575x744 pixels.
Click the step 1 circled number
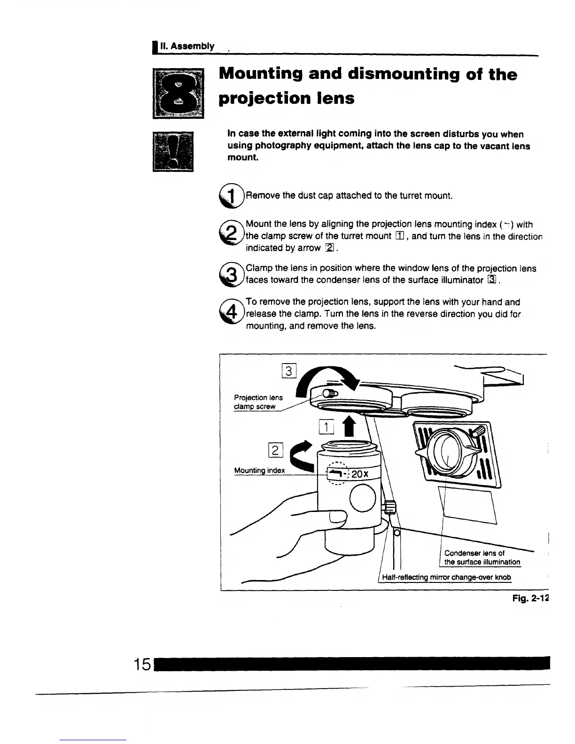229,195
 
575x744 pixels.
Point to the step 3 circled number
229,274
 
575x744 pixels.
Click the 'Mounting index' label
259,471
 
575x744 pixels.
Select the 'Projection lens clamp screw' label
258,402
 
